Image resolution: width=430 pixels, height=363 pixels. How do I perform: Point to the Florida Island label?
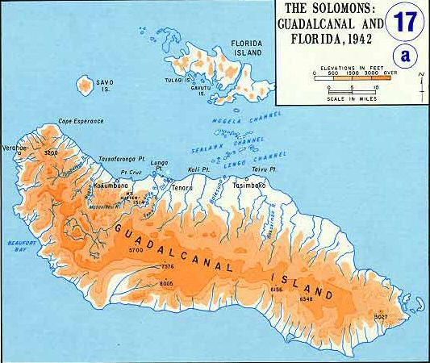(x=247, y=47)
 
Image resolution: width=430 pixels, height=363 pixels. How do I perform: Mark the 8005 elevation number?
(x=167, y=283)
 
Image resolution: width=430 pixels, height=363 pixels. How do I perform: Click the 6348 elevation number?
(x=306, y=298)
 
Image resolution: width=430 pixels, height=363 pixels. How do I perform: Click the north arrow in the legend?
(x=420, y=79)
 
